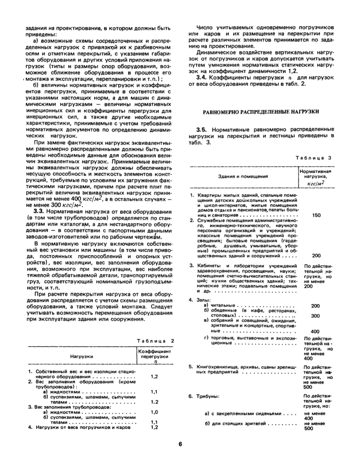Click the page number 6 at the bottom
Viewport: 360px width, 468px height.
[x=181, y=445]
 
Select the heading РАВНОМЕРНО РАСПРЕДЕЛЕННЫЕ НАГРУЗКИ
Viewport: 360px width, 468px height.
[x=261, y=111]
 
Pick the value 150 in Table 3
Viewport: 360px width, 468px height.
[x=315, y=215]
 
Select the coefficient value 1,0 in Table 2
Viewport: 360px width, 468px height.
[x=154, y=412]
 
